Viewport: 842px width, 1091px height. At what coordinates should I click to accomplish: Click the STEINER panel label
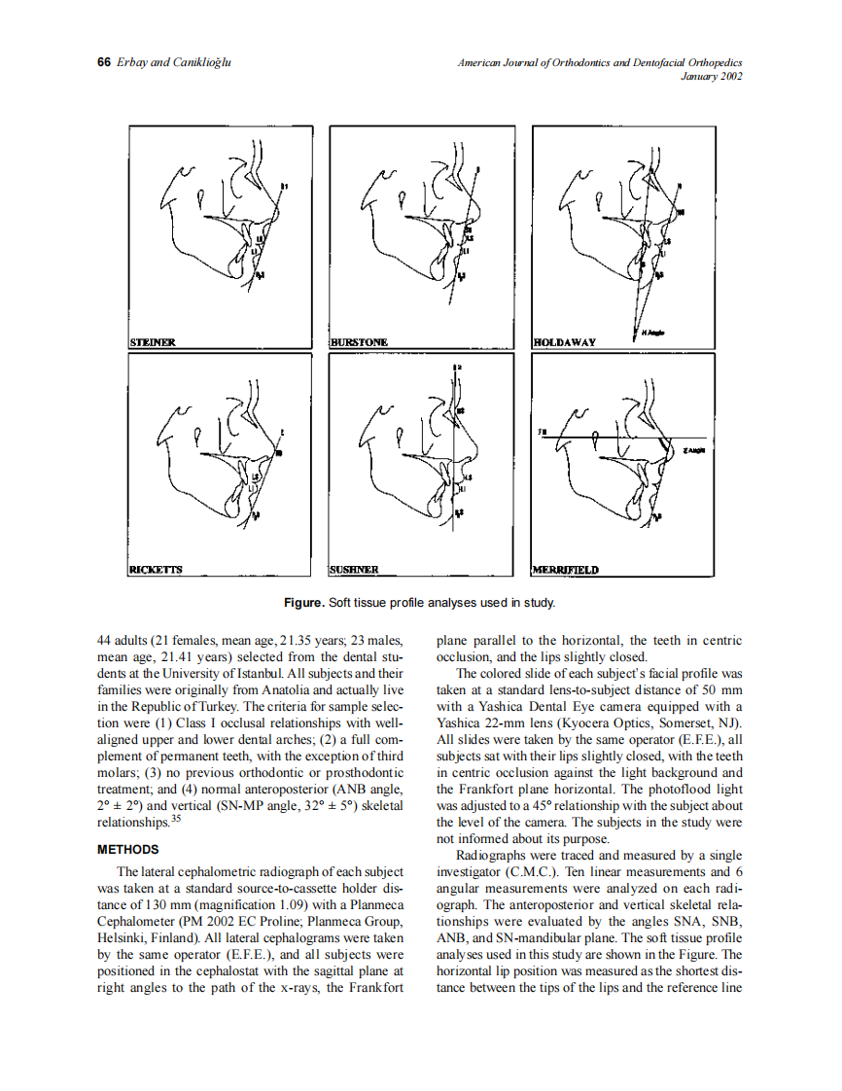point(153,342)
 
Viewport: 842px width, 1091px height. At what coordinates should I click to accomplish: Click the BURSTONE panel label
point(360,342)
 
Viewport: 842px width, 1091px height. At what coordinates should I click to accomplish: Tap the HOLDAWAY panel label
point(565,342)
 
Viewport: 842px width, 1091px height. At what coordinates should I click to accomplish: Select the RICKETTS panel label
point(157,569)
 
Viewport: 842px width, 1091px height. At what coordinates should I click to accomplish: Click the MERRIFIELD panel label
point(566,569)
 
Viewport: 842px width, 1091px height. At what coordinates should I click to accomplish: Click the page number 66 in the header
point(104,63)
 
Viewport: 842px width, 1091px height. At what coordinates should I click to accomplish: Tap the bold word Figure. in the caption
point(303,604)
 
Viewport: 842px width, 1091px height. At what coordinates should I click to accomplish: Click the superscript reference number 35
point(176,818)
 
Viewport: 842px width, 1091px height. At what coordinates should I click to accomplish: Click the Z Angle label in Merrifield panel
point(694,451)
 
